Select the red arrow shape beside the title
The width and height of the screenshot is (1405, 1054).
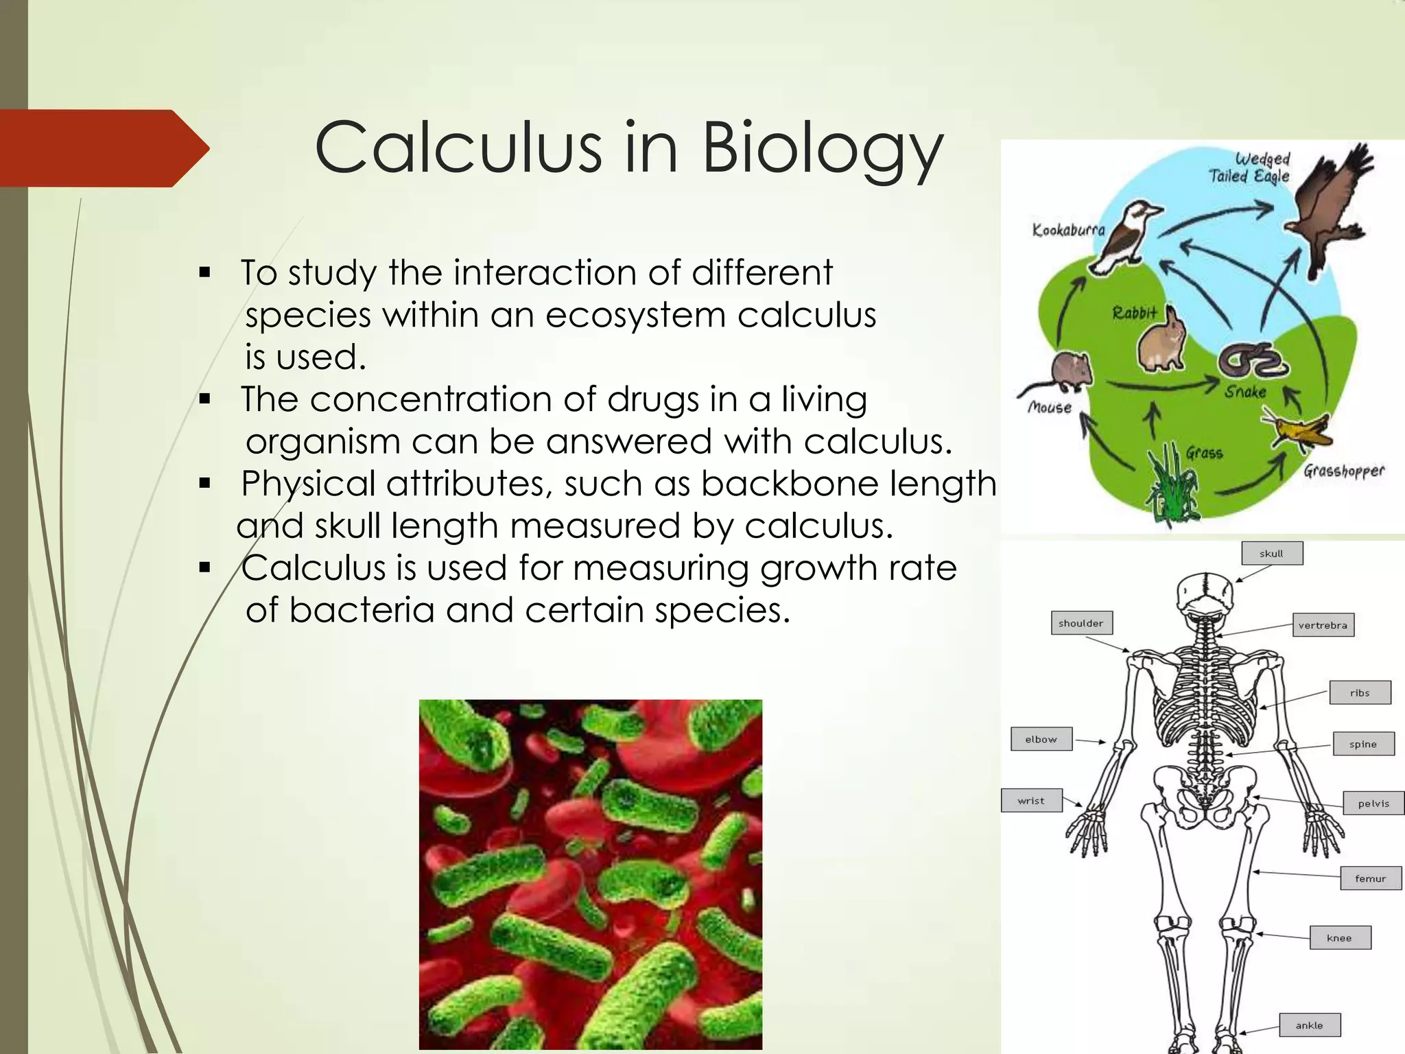click(x=103, y=148)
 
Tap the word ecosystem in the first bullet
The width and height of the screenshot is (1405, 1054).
click(x=635, y=316)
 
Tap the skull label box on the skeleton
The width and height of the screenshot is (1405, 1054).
click(x=1271, y=554)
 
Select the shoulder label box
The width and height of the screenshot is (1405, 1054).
click(x=1081, y=623)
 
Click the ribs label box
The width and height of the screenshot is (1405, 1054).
click(x=1360, y=693)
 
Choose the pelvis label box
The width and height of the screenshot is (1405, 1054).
click(x=1373, y=804)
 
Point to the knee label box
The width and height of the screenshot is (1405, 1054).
click(x=1339, y=938)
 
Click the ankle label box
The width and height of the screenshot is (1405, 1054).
click(x=1309, y=1025)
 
